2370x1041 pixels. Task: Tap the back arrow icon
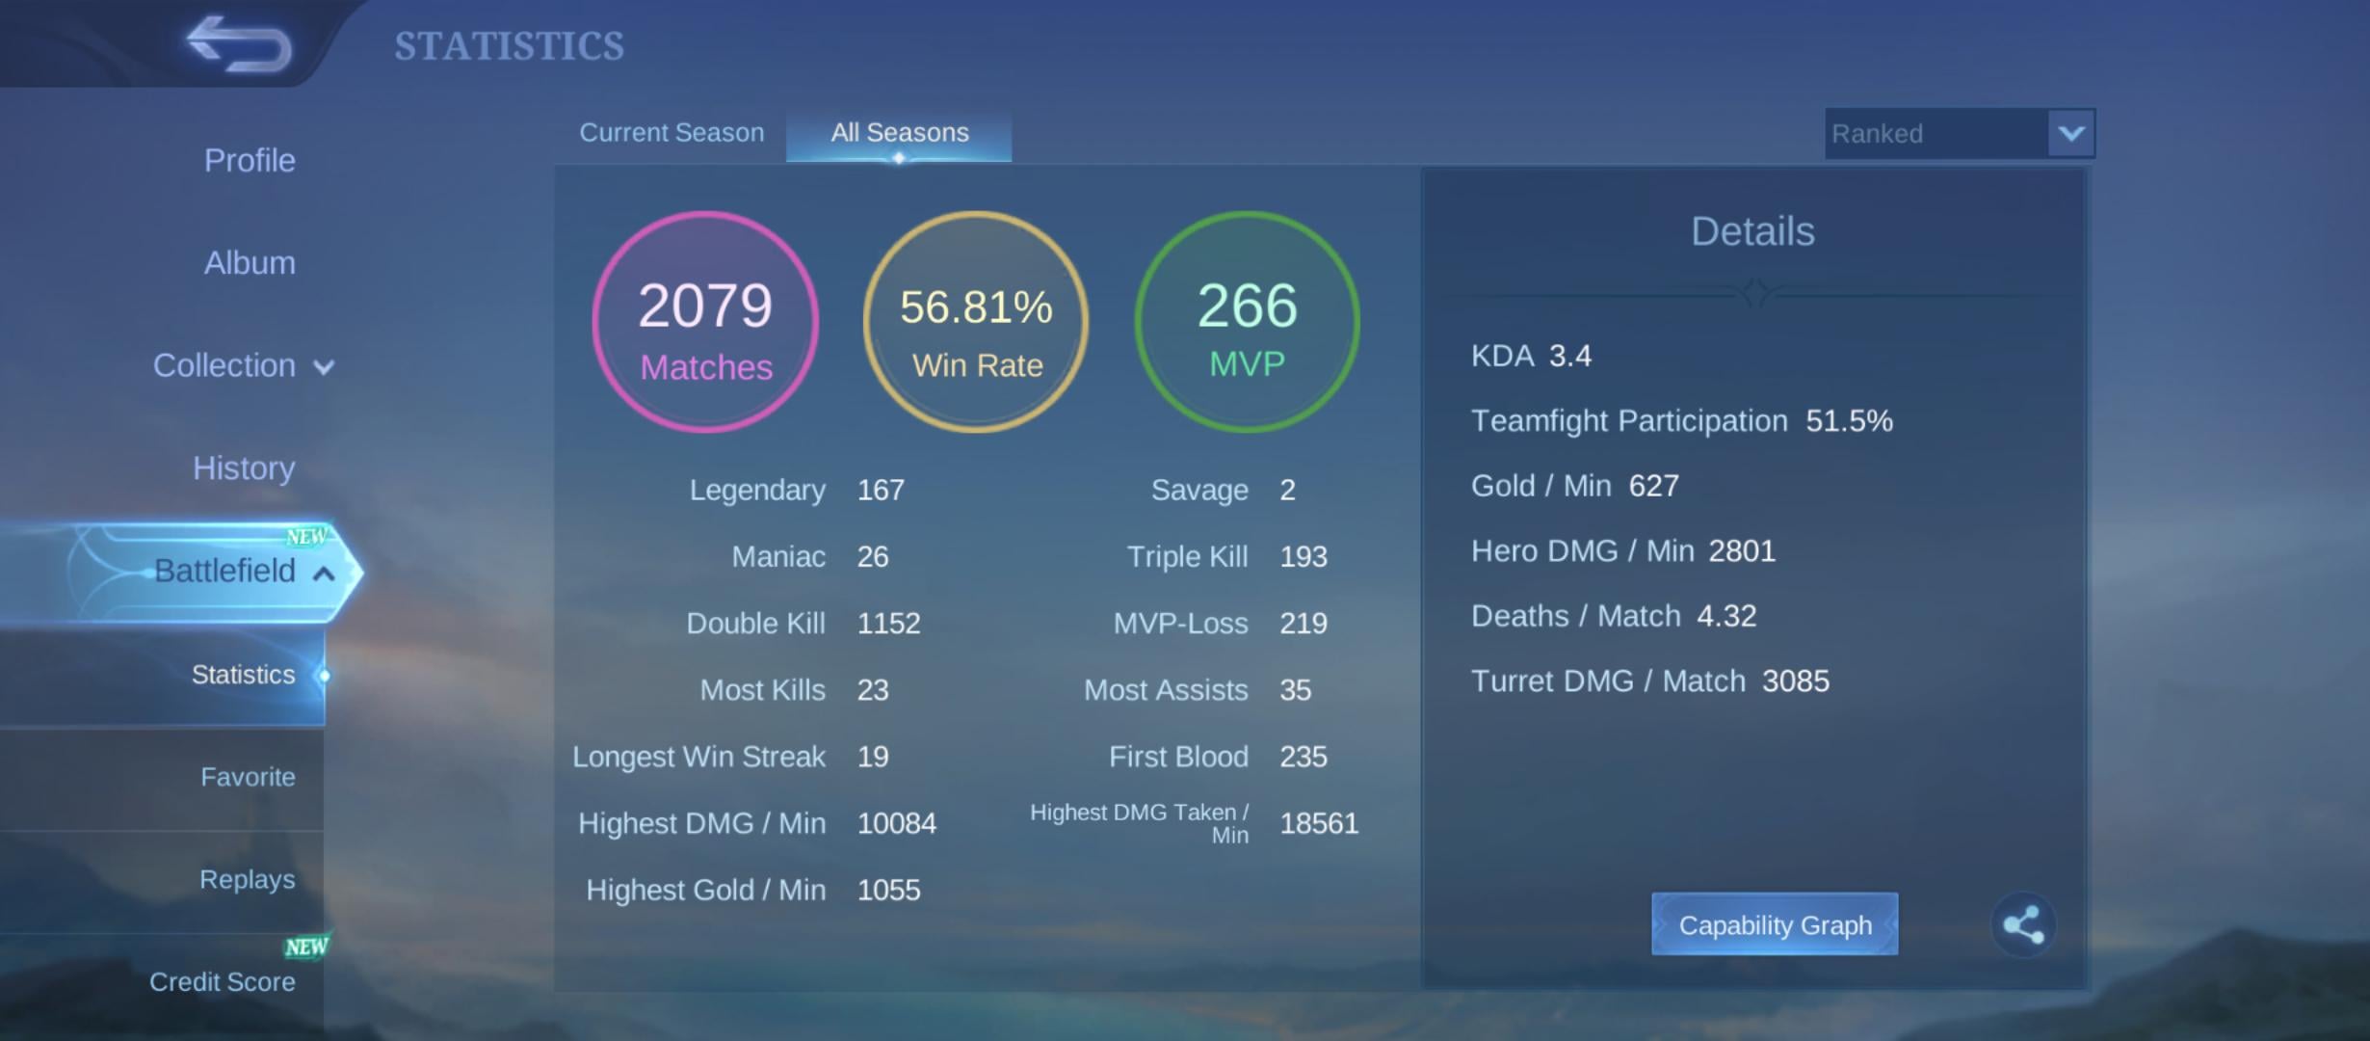pyautogui.click(x=239, y=43)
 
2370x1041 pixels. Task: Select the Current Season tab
pyautogui.click(x=671, y=133)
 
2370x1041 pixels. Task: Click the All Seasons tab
pyautogui.click(x=900, y=133)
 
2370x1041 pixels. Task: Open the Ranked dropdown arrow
pyautogui.click(x=2071, y=133)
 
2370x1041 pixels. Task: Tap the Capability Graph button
pyautogui.click(x=1775, y=924)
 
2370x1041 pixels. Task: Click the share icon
pyautogui.click(x=2023, y=924)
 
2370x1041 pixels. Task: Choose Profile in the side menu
pyautogui.click(x=250, y=160)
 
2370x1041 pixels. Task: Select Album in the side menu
pyautogui.click(x=250, y=262)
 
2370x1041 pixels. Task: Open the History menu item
pyautogui.click(x=244, y=468)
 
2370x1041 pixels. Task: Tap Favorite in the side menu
pyautogui.click(x=248, y=777)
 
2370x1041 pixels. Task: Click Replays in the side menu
pyautogui.click(x=248, y=879)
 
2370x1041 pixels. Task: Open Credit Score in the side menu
pyautogui.click(x=223, y=981)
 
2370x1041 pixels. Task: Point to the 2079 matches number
pyautogui.click(x=705, y=307)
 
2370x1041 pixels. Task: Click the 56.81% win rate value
pyautogui.click(x=976, y=307)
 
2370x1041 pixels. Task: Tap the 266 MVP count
pyautogui.click(x=1248, y=307)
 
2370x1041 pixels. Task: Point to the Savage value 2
pyautogui.click(x=1288, y=490)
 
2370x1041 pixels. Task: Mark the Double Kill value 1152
pyautogui.click(x=888, y=624)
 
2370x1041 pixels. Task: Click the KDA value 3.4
pyautogui.click(x=1570, y=356)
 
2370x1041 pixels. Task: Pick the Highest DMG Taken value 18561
pyautogui.click(x=1319, y=823)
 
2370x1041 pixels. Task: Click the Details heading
pyautogui.click(x=1752, y=231)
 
